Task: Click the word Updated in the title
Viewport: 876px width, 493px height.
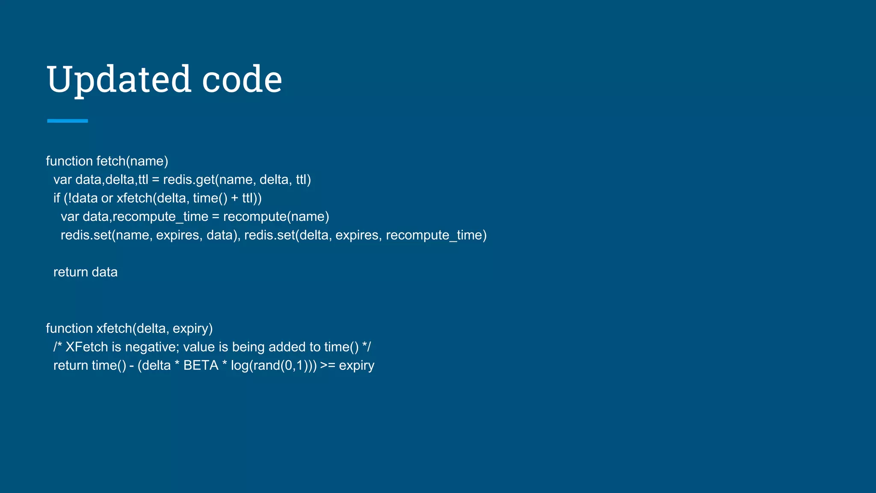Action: point(119,80)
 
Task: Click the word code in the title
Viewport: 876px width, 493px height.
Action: point(242,80)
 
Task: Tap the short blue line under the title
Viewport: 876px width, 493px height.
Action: point(68,121)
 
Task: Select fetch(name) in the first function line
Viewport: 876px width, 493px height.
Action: point(132,161)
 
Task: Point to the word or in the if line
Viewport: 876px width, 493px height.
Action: point(107,198)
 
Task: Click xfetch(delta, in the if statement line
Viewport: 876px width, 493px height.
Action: point(153,198)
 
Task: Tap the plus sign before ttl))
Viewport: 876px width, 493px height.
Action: point(235,198)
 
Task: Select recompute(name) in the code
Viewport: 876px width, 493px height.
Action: point(276,217)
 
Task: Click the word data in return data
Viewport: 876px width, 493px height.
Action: point(104,272)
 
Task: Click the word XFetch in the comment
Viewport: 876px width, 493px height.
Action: point(87,347)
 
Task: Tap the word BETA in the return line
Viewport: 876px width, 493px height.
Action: point(201,365)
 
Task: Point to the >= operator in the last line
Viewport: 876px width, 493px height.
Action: point(328,365)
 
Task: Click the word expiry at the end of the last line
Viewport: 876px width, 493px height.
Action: point(357,365)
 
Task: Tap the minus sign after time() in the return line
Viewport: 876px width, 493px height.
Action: point(132,365)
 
